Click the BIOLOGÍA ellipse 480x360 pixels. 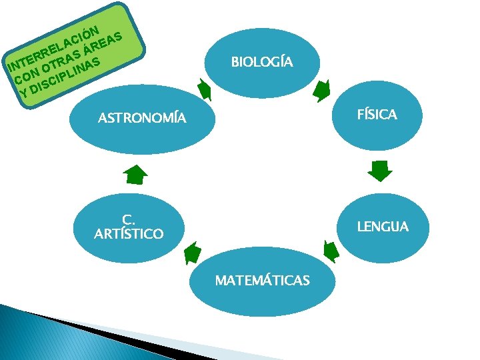[262, 62]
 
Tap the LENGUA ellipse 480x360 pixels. [382, 227]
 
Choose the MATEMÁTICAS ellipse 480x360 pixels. [262, 281]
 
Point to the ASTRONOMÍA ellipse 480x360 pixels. [141, 119]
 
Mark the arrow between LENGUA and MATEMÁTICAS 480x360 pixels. [329, 251]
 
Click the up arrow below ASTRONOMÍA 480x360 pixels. [135, 174]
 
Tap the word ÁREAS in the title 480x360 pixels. [104, 41]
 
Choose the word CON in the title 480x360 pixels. [22, 75]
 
